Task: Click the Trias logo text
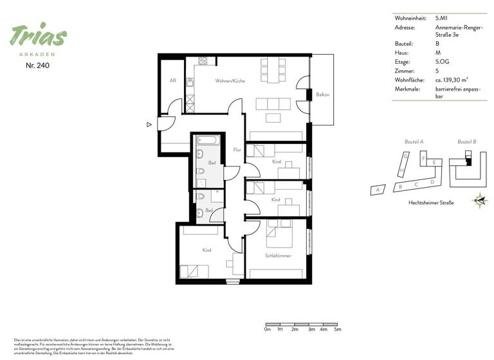(x=38, y=37)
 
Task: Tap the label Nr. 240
(x=38, y=66)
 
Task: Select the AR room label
(x=173, y=80)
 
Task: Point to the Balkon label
(x=322, y=94)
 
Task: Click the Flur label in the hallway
(x=237, y=149)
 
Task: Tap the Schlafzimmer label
(x=278, y=255)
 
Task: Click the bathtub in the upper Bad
(x=208, y=139)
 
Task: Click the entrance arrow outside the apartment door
(x=149, y=125)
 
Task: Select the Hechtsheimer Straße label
(x=431, y=203)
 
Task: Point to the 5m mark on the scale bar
(x=337, y=329)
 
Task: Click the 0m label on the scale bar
(x=267, y=329)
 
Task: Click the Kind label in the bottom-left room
(x=206, y=250)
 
